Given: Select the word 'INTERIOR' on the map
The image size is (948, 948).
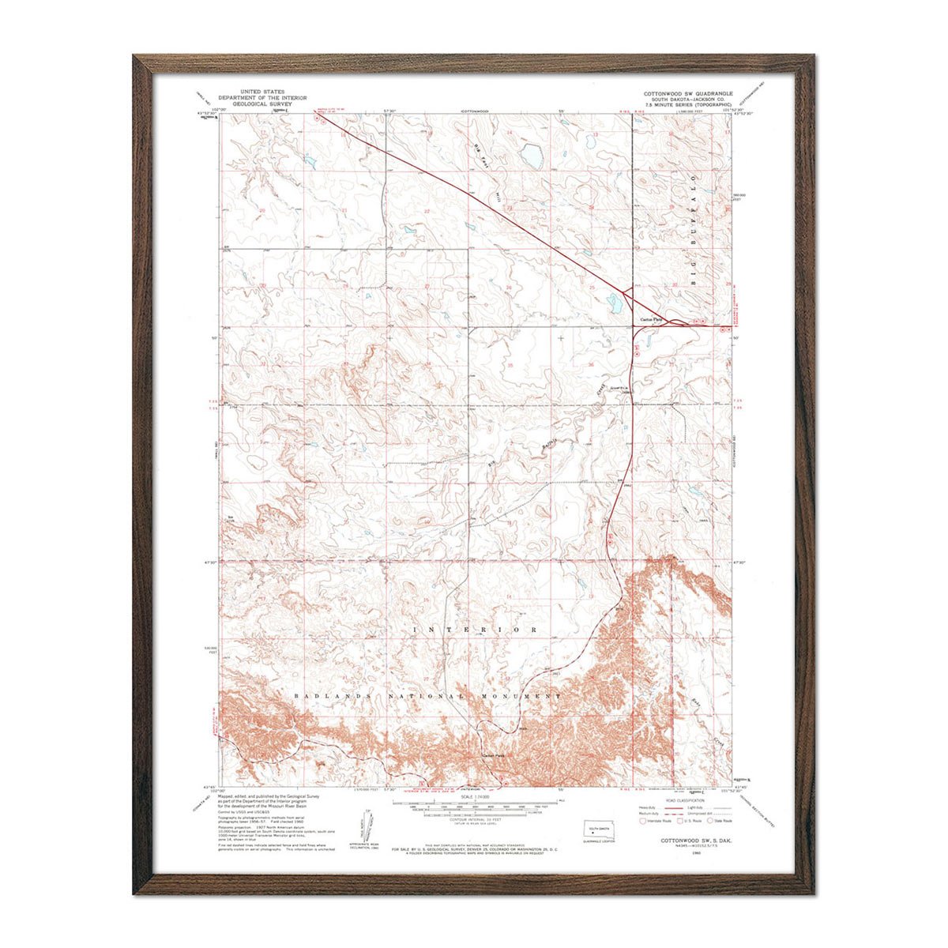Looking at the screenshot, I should [x=475, y=630].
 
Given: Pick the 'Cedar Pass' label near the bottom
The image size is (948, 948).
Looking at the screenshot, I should [x=493, y=754].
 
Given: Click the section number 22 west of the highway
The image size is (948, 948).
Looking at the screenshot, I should [x=427, y=211].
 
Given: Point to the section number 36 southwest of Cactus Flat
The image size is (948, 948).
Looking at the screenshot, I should [x=591, y=364].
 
